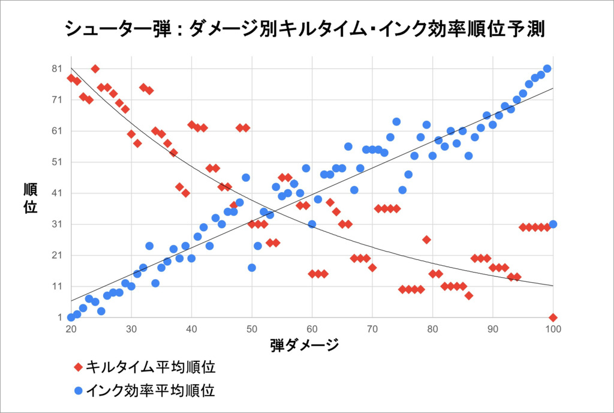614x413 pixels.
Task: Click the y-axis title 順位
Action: tap(30, 198)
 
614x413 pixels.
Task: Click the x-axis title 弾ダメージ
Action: tap(305, 345)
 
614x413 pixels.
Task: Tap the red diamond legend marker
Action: tap(78, 367)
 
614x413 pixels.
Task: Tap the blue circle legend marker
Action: tap(78, 391)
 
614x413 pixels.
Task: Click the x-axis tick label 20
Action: tap(71, 330)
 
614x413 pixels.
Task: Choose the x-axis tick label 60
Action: tap(312, 330)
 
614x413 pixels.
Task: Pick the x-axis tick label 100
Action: tap(553, 330)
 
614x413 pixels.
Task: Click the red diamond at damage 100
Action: tap(553, 317)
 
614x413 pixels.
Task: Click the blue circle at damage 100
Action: tap(553, 224)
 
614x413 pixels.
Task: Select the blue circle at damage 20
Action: tap(71, 317)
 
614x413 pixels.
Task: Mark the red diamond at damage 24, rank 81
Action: tap(95, 68)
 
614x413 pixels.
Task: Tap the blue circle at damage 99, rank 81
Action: tap(547, 68)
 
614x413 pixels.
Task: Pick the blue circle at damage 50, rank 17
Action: tap(252, 268)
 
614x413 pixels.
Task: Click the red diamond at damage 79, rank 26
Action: tap(426, 240)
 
